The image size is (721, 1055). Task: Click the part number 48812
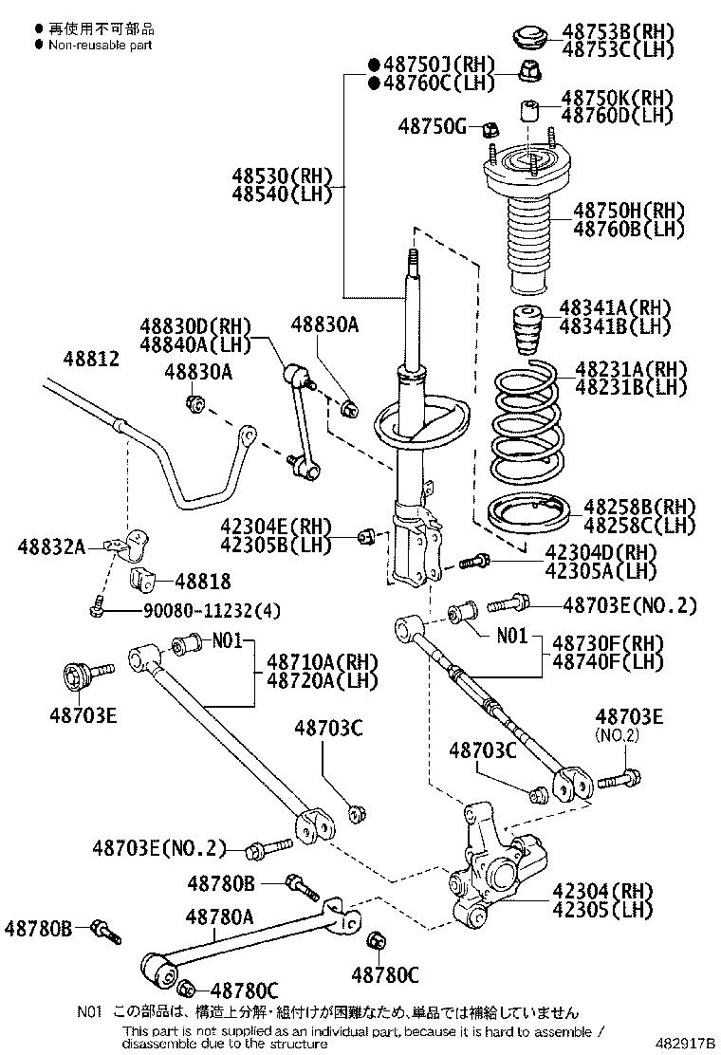click(92, 360)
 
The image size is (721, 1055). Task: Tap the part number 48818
click(200, 581)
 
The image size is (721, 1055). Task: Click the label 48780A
click(219, 916)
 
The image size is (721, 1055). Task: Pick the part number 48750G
click(432, 125)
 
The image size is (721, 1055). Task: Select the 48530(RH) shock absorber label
click(281, 176)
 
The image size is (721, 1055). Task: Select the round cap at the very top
click(530, 38)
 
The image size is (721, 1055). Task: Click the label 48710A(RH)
click(322, 661)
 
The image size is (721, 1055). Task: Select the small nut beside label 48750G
click(490, 127)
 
